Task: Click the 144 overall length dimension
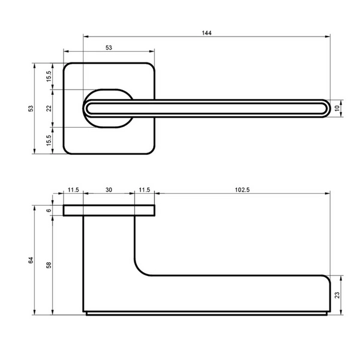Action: tap(206, 33)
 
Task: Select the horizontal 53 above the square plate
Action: tap(109, 48)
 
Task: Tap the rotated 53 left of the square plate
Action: tap(31, 109)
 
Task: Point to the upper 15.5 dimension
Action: tap(49, 76)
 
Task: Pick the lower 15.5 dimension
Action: tap(49, 140)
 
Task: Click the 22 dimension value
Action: tap(49, 108)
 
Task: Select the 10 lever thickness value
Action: tap(337, 108)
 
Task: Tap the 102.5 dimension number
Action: tap(242, 190)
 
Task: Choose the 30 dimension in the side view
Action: tap(109, 190)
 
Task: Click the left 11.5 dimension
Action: tap(73, 190)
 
